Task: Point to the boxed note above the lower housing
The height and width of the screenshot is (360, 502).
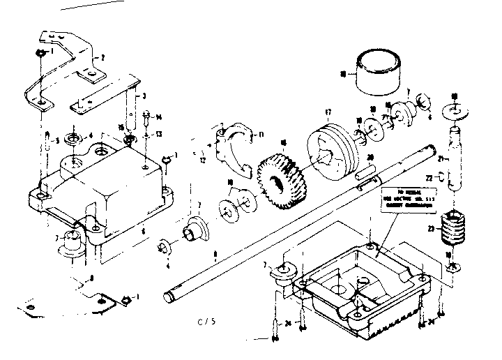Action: click(407, 198)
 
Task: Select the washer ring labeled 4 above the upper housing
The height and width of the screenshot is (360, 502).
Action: click(73, 135)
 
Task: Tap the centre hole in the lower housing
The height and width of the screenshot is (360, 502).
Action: click(343, 287)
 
